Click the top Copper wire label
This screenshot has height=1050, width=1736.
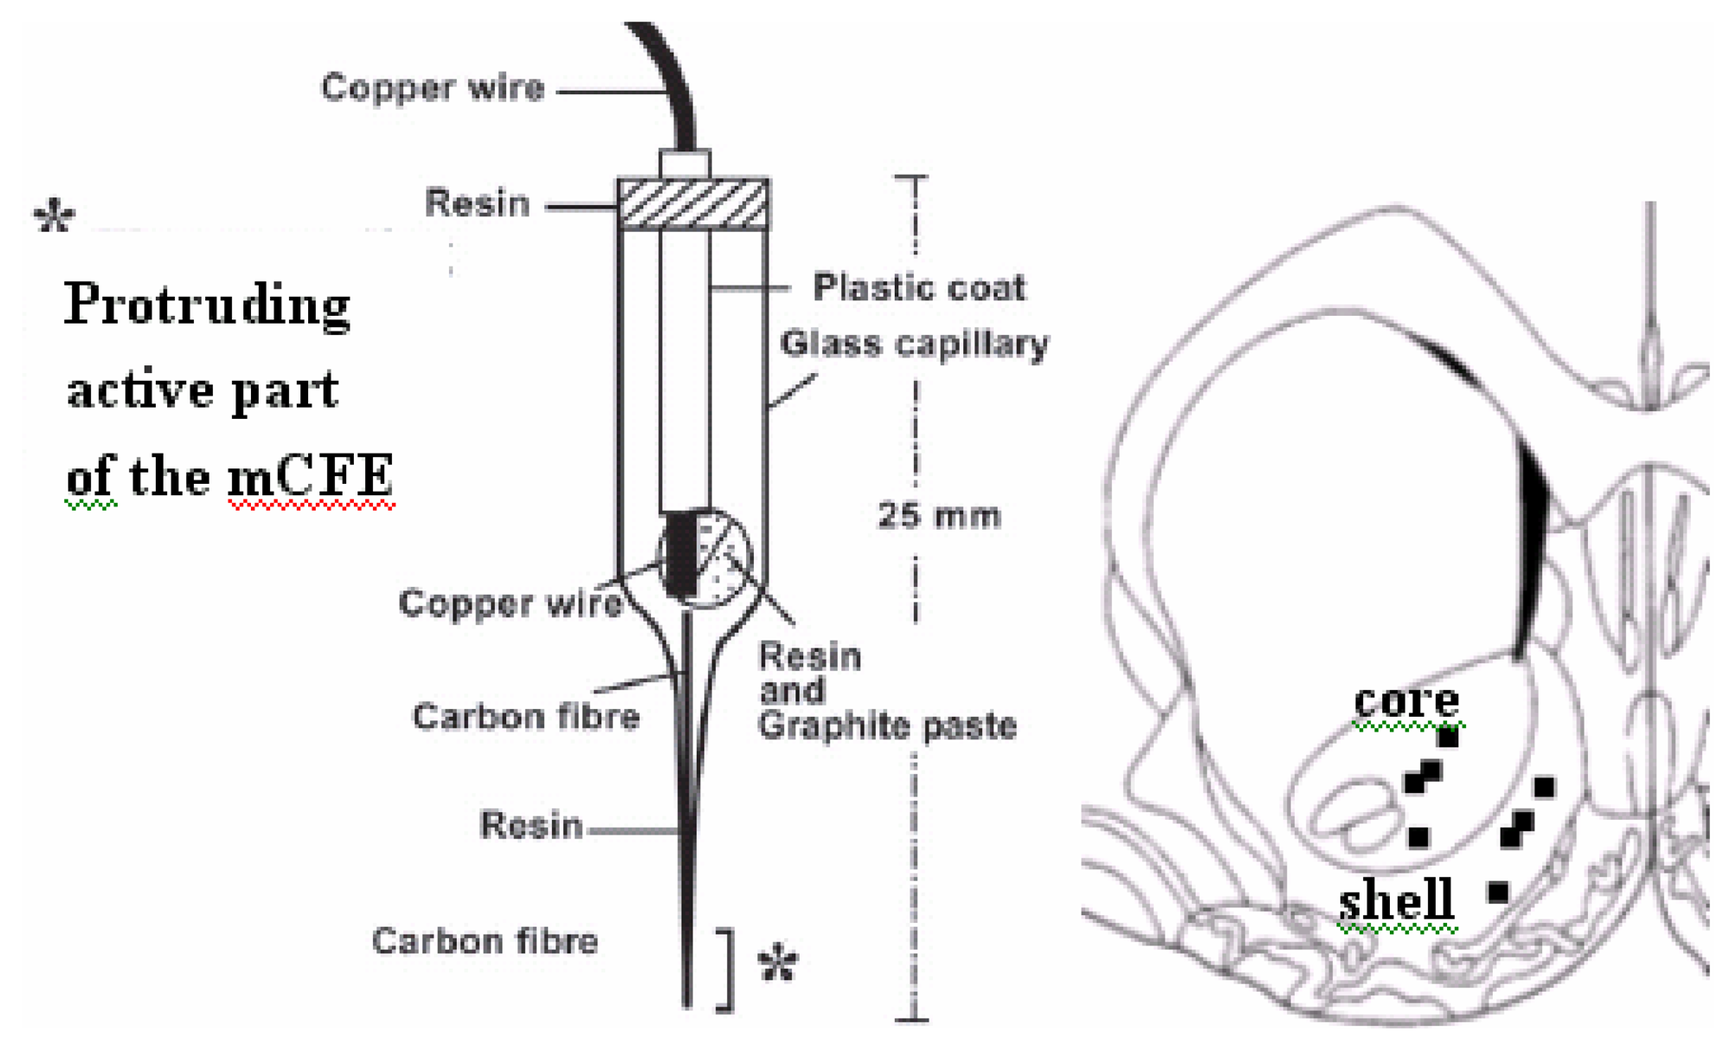pos(433,88)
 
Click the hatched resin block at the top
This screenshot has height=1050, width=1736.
pos(693,205)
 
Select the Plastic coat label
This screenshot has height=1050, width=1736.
pos(919,287)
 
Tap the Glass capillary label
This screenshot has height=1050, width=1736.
pos(914,345)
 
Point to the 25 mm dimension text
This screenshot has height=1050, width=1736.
pos(939,516)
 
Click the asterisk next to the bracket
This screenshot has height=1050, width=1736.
pos(777,963)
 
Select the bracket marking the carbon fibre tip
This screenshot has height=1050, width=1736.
pos(728,969)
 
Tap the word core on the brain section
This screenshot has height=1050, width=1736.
pos(1406,700)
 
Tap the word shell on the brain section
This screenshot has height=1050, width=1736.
pos(1396,900)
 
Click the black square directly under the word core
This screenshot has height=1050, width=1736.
pos(1448,738)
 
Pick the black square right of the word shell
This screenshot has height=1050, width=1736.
pos(1498,892)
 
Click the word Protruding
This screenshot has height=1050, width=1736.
pos(207,306)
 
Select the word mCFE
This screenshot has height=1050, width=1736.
pos(311,476)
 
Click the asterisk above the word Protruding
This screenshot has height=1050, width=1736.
pos(55,216)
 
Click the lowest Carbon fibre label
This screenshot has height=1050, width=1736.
pos(485,942)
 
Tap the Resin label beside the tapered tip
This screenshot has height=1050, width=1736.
pos(531,826)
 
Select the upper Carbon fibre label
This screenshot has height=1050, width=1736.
pos(525,718)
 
